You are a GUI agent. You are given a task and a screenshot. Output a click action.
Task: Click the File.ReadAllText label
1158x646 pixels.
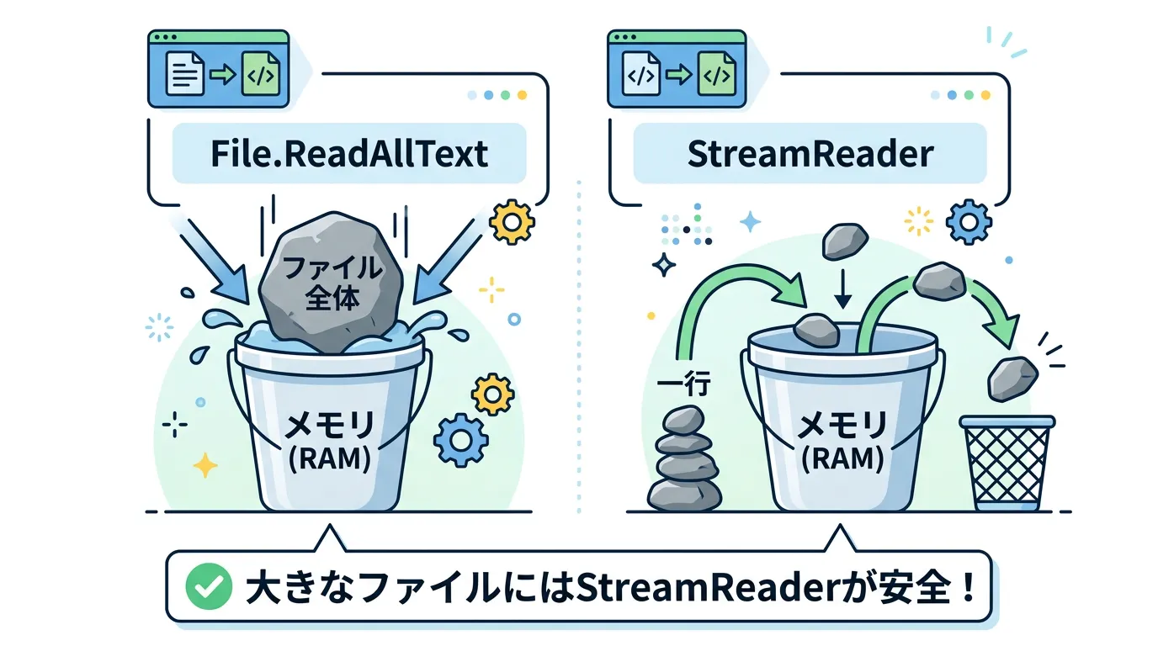click(x=349, y=153)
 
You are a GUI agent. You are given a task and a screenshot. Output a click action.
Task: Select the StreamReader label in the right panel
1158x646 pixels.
click(x=810, y=153)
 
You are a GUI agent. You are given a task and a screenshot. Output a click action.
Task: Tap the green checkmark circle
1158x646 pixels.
click(x=209, y=586)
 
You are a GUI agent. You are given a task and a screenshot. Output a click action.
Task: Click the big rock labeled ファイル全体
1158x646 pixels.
click(x=331, y=282)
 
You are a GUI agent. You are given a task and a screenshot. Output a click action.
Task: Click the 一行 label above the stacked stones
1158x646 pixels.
click(x=683, y=383)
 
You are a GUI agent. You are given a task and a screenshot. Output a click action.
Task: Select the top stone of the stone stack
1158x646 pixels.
click(x=683, y=420)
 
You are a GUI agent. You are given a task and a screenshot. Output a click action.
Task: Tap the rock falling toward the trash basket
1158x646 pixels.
click(x=1012, y=379)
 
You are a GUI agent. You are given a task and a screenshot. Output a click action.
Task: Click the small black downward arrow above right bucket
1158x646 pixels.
click(x=843, y=289)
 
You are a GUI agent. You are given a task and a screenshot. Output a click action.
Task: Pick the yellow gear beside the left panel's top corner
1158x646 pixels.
click(x=512, y=222)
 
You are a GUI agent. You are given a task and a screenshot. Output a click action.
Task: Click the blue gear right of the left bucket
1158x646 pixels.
click(x=460, y=440)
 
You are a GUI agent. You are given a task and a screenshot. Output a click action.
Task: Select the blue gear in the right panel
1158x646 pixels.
click(x=969, y=222)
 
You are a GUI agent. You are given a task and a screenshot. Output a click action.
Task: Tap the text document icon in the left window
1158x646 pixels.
click(x=184, y=74)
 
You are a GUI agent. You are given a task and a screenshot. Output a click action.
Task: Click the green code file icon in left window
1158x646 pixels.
click(x=261, y=74)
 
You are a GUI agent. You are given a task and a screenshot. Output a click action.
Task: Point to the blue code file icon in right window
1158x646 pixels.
click(x=641, y=74)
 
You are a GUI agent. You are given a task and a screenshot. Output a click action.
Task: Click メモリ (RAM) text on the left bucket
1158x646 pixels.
click(x=330, y=441)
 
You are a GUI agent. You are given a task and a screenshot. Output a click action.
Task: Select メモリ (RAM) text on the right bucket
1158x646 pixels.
click(x=842, y=441)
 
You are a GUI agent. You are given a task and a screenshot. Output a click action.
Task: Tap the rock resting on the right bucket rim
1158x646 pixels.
click(x=816, y=331)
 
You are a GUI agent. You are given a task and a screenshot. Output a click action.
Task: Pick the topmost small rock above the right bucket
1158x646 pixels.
click(x=845, y=241)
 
